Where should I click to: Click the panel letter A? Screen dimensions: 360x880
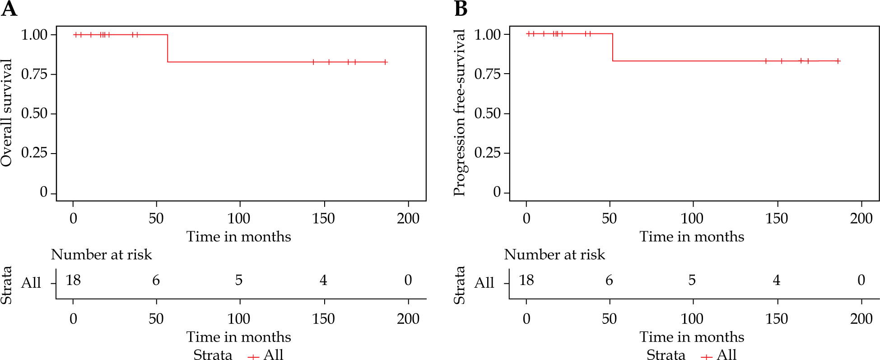pos(9,9)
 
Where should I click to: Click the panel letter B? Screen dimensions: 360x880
pos(461,9)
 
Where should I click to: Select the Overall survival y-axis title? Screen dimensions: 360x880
pos(7,113)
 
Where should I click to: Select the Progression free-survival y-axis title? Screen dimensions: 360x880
pos(460,113)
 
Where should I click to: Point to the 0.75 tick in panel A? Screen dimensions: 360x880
pos(34,74)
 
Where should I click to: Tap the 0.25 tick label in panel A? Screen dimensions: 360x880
pos(34,153)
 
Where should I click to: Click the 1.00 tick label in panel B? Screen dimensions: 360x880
pos(488,35)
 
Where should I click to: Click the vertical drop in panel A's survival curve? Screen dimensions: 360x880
pos(168,48)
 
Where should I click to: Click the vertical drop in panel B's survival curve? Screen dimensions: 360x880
pos(613,47)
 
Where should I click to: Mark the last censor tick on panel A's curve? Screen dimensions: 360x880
pos(385,62)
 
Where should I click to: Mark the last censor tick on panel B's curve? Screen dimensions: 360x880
pos(838,61)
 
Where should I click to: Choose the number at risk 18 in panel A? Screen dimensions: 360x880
pos(73,281)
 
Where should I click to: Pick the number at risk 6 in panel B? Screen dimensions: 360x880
pos(609,281)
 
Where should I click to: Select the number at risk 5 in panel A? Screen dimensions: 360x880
pos(239,281)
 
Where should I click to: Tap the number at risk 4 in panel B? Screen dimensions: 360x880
pos(777,281)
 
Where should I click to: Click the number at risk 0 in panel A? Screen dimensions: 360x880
pos(408,281)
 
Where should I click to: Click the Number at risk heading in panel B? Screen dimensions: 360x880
pos(554,255)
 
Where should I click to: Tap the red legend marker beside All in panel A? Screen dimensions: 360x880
pos(253,357)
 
